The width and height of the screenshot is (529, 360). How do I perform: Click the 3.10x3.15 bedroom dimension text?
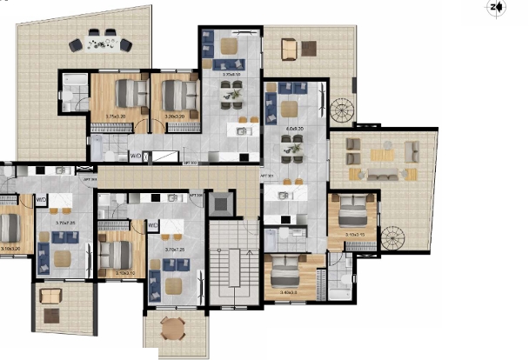click(x=357, y=235)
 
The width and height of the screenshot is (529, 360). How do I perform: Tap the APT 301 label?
click(x=267, y=177)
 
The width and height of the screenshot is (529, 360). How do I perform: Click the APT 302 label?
click(x=191, y=161)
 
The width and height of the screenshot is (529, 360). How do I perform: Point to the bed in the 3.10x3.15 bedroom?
click(x=355, y=211)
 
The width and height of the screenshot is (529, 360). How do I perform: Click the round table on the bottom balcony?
click(x=174, y=329)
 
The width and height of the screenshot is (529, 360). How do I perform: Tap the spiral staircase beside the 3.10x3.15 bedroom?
click(x=392, y=237)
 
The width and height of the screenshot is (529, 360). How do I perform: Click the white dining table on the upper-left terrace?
click(x=105, y=37)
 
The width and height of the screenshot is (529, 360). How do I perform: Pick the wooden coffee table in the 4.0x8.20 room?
click(x=290, y=107)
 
